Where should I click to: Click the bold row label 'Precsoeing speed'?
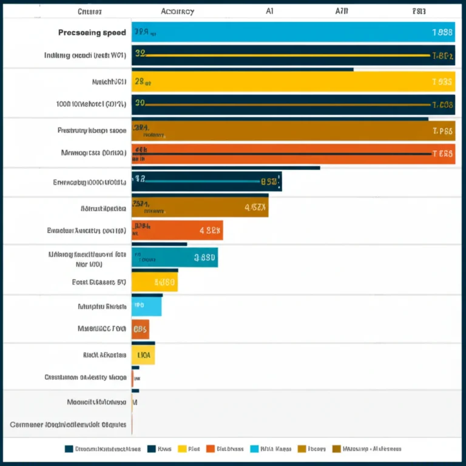pos(92,33)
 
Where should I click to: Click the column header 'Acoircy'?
pos(178,11)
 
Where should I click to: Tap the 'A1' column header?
pos(269,11)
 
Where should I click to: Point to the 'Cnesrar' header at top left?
pos(90,11)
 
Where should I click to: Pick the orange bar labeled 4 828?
pos(177,231)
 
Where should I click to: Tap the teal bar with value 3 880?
pos(175,257)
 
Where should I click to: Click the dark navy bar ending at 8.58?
pos(206,181)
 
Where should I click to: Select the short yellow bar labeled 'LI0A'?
pos(143,355)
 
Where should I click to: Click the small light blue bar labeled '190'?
pos(147,306)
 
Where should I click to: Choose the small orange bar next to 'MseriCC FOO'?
pos(140,329)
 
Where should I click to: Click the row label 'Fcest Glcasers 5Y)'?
pos(98,282)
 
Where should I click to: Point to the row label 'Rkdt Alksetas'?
pos(104,354)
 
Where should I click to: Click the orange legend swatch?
pos(211,449)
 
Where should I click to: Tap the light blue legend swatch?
pos(254,449)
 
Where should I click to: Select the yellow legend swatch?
pos(182,449)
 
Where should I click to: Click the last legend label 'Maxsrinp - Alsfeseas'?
pos(372,449)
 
